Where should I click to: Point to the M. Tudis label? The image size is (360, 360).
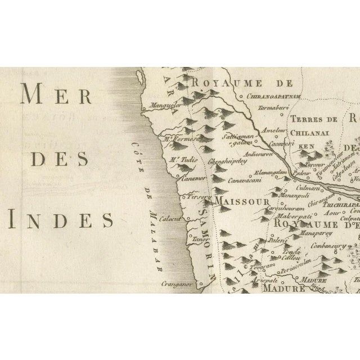(181, 159)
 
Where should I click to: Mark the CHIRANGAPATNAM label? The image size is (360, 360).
(274, 96)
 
